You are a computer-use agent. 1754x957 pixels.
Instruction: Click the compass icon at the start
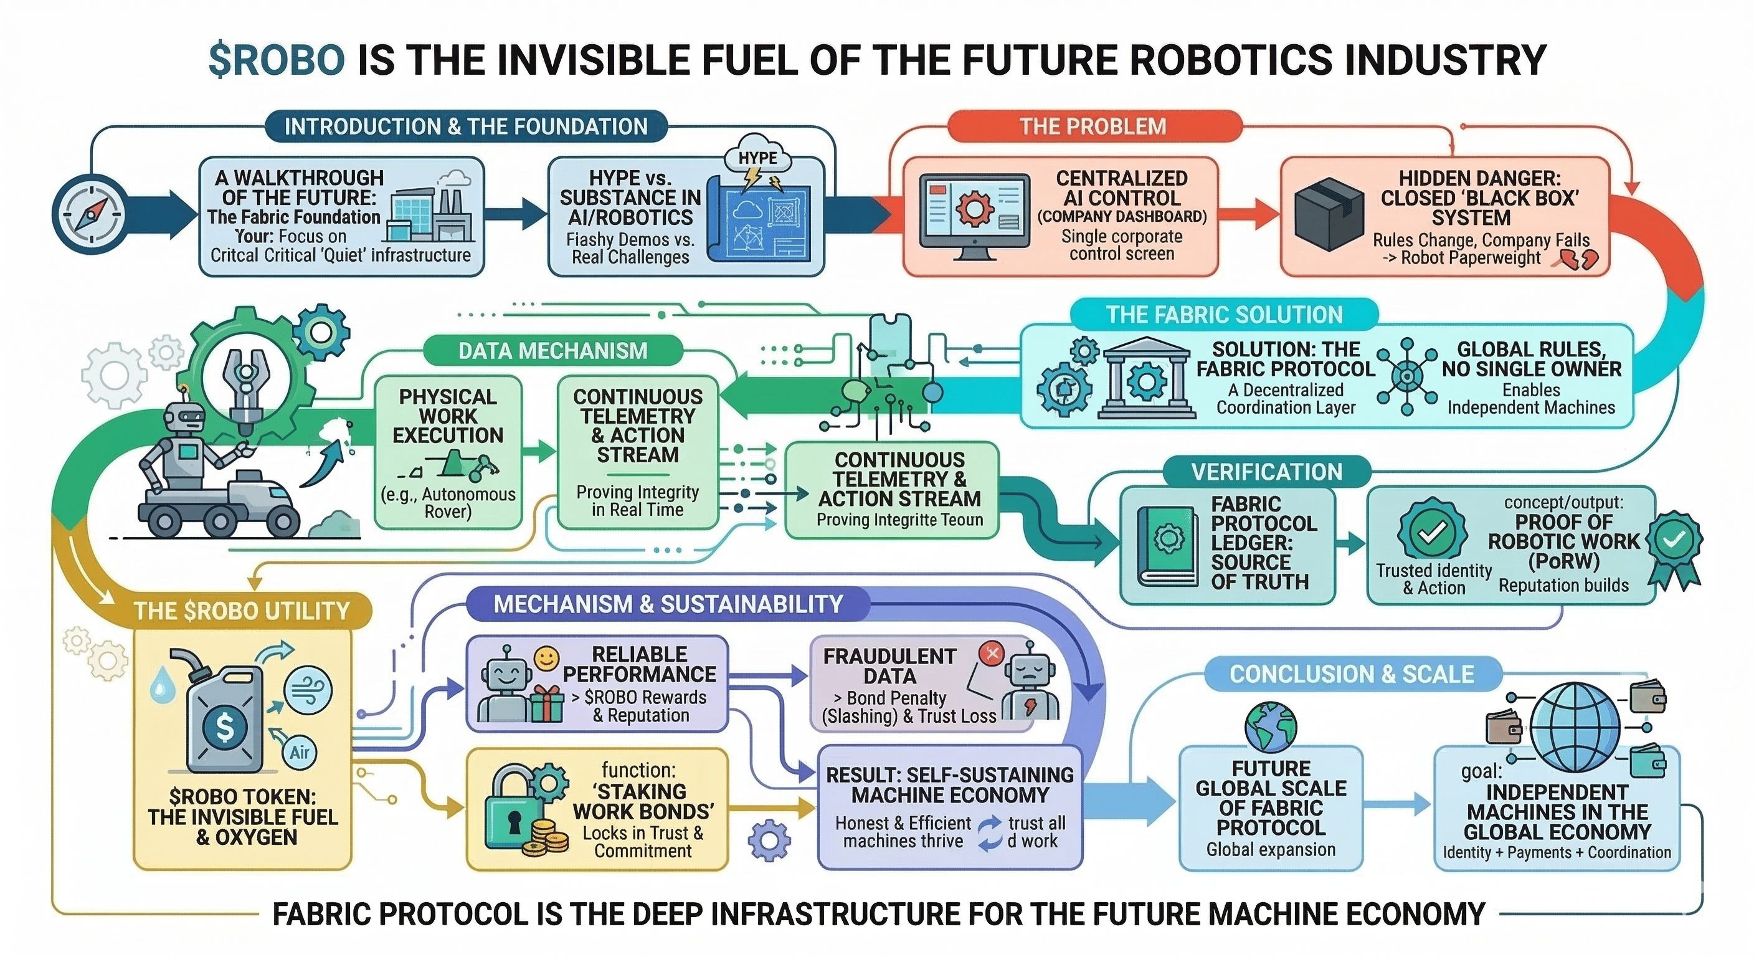pyautogui.click(x=88, y=212)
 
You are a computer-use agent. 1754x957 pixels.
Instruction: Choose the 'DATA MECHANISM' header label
pyautogui.click(x=552, y=351)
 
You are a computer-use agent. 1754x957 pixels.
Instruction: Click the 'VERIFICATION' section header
pyautogui.click(x=1266, y=472)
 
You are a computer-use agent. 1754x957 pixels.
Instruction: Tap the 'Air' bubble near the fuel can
pyautogui.click(x=300, y=752)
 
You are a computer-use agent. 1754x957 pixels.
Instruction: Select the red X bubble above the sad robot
pyautogui.click(x=992, y=653)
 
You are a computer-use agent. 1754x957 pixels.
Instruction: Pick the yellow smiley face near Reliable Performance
pyautogui.click(x=546, y=658)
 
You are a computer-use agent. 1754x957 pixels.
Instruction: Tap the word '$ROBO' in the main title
pyautogui.click(x=277, y=60)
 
